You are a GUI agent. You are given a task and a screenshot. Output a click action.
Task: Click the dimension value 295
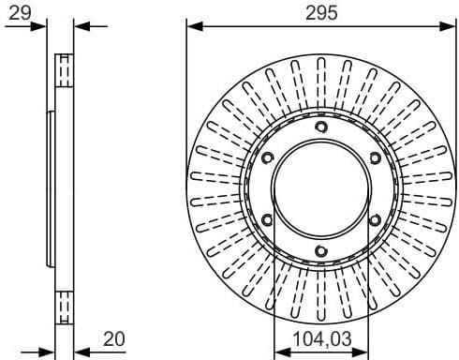(x=321, y=12)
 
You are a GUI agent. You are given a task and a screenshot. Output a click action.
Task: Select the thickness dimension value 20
(x=114, y=337)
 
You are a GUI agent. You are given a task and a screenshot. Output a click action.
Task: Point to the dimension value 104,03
(x=321, y=337)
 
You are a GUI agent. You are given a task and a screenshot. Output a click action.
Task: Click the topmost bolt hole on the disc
(x=320, y=127)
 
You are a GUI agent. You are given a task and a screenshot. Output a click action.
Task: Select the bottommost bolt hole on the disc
(x=320, y=250)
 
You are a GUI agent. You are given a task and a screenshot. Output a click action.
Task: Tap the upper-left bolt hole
(x=268, y=158)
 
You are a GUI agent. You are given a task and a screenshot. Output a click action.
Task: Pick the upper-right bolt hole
(x=374, y=158)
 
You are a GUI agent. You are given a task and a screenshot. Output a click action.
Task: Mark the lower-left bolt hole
(x=268, y=220)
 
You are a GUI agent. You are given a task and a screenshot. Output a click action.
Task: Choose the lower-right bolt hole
(x=374, y=220)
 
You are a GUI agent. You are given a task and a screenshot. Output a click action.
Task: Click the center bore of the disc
(x=320, y=189)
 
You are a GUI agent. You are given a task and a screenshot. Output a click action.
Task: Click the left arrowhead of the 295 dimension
(x=192, y=26)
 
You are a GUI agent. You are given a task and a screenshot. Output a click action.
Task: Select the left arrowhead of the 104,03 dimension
(x=278, y=350)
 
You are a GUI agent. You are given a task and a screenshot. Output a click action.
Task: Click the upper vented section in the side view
(x=65, y=71)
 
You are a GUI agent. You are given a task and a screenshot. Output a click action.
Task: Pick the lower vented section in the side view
(x=65, y=306)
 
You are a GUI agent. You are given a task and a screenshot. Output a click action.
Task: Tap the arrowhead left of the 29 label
(x=40, y=26)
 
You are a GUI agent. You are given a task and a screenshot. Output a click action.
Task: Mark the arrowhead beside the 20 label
(x=79, y=350)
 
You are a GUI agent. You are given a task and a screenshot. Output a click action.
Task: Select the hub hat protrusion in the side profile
(x=51, y=187)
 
